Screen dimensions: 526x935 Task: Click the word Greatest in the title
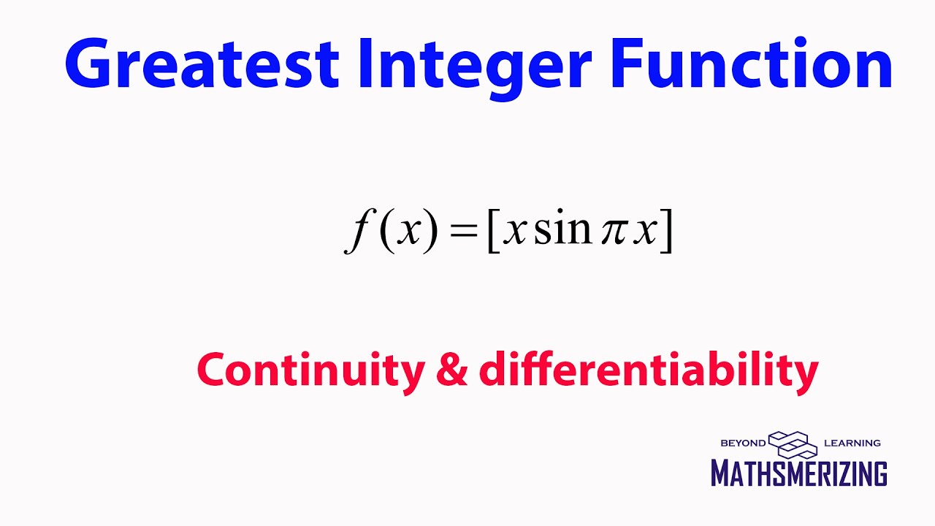(x=201, y=64)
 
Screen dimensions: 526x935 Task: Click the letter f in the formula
(x=356, y=232)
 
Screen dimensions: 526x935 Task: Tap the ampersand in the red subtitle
(x=451, y=370)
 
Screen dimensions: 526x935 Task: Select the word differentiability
(x=648, y=370)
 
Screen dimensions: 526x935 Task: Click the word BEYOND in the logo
(x=743, y=443)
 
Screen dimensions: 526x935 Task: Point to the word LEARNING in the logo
(x=852, y=443)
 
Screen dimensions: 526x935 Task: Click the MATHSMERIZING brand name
(x=799, y=473)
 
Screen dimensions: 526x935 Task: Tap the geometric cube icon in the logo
(x=793, y=443)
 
